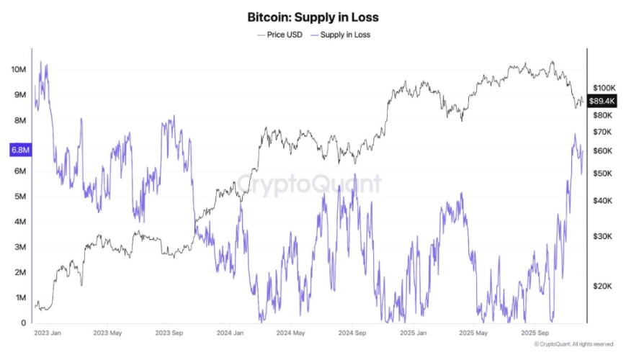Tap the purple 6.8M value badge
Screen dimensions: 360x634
pyautogui.click(x=19, y=150)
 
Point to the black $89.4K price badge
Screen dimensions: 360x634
pyautogui.click(x=602, y=101)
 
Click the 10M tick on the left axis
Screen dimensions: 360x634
pyautogui.click(x=19, y=69)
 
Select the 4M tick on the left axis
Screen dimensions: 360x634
pyautogui.click(x=19, y=222)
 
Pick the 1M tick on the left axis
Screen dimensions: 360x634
pyautogui.click(x=19, y=297)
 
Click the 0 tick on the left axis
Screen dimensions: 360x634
pyautogui.click(x=24, y=323)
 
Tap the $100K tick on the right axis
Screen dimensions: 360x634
pyautogui.click(x=604, y=87)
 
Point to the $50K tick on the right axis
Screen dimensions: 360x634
pyautogui.click(x=602, y=174)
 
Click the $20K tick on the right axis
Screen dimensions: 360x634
pyautogui.click(x=602, y=286)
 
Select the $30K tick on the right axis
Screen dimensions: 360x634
pyautogui.click(x=602, y=236)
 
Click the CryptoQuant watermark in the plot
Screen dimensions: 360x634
pyautogui.click(x=309, y=184)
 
